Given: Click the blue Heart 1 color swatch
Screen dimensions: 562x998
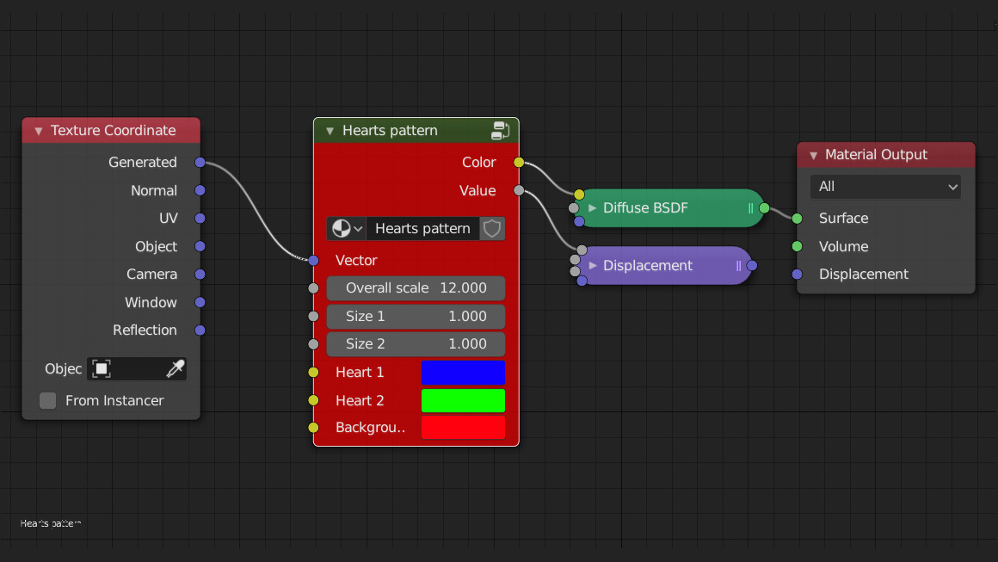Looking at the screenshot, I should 463,373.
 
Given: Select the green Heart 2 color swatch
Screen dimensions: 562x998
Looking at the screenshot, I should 463,401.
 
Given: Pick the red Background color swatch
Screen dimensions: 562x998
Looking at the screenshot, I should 463,428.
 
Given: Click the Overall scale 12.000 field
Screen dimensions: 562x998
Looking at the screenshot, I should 416,288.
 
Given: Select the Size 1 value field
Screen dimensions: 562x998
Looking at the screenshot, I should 416,317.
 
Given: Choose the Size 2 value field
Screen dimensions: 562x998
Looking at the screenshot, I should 416,344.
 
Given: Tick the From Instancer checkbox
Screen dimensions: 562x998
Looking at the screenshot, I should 48,401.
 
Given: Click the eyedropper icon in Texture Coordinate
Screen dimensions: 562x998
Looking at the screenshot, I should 175,369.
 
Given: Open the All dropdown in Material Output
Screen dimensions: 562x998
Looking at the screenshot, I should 885,187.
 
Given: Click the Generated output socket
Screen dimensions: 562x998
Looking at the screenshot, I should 200,163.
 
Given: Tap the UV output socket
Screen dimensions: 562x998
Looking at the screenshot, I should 200,219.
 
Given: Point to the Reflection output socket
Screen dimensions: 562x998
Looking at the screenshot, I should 200,330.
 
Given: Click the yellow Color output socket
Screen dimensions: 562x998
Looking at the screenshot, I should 519,163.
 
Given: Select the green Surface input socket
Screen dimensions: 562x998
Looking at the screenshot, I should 798,219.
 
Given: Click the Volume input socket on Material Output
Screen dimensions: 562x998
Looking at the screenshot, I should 798,247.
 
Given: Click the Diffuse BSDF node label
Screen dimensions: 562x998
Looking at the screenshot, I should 645,208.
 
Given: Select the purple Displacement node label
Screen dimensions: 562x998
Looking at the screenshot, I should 648,266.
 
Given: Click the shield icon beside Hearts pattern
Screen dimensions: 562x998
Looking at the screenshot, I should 492,229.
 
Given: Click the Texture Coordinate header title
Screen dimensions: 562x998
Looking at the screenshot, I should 113,131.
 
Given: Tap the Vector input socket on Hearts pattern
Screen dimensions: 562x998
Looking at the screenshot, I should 313,261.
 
